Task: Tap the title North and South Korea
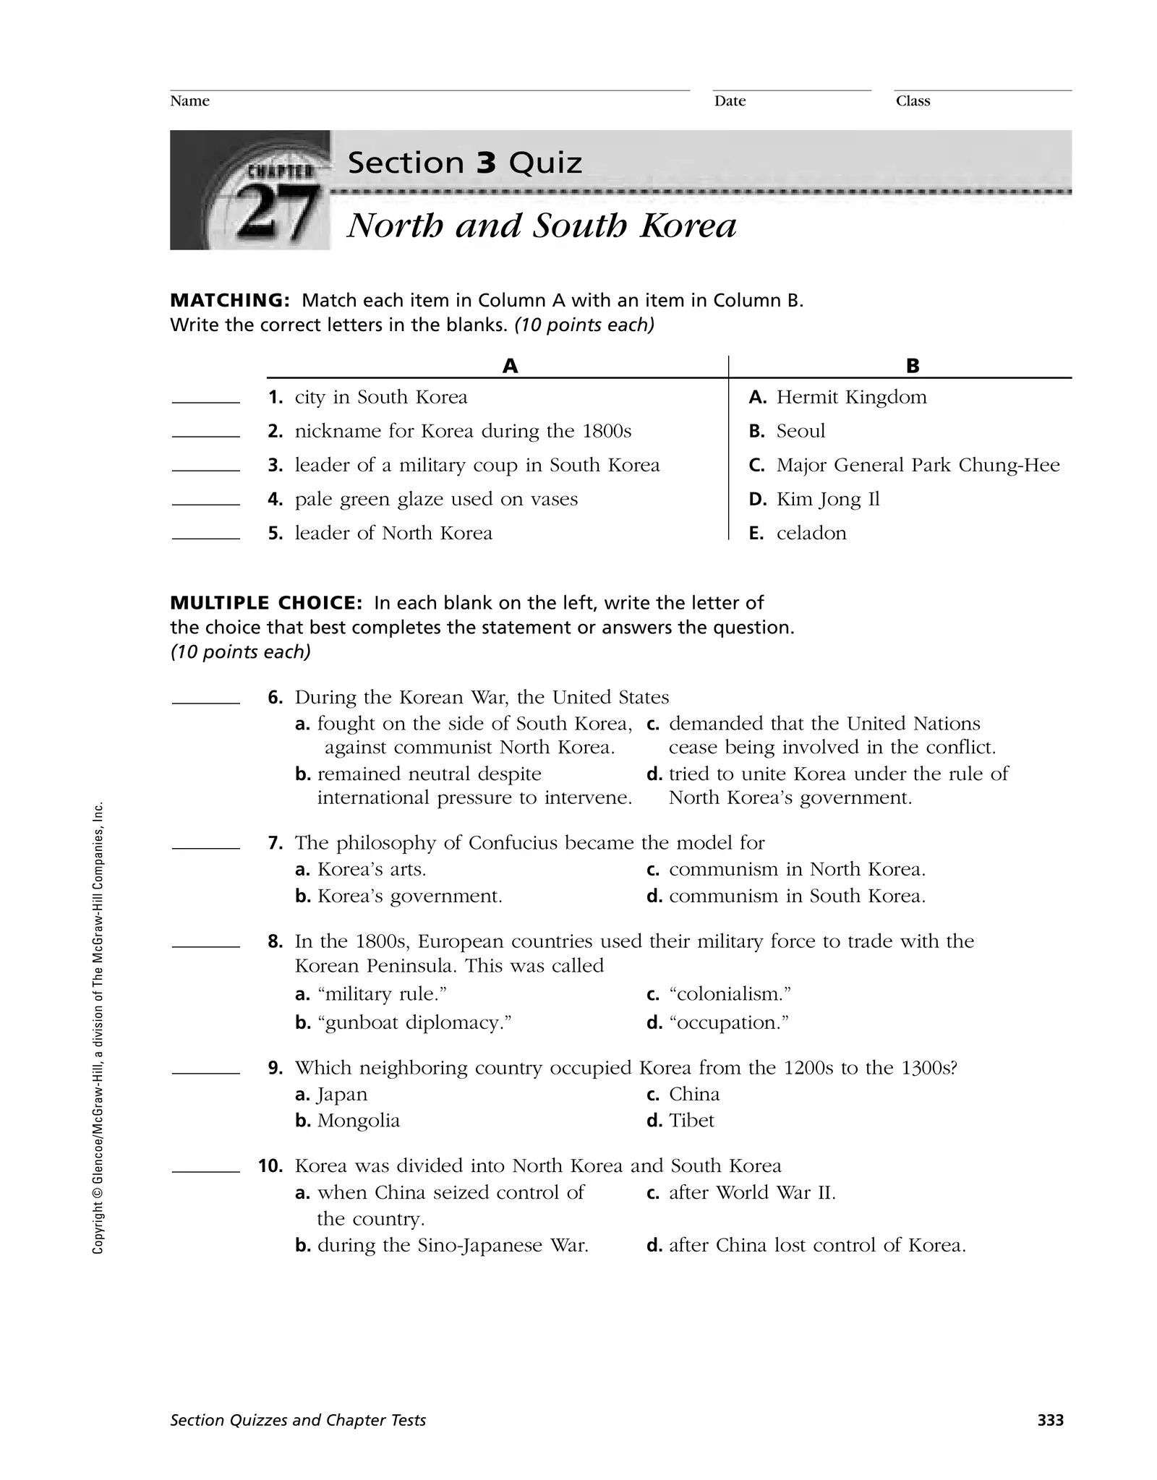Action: click(x=542, y=226)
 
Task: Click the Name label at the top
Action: click(x=189, y=101)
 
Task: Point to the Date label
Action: click(x=730, y=101)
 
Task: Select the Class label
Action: click(x=913, y=101)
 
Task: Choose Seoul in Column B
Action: click(x=800, y=431)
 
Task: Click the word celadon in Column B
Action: click(x=811, y=533)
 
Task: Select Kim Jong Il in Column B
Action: click(x=827, y=499)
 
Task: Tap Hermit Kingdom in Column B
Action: click(x=851, y=397)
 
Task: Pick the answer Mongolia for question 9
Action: click(x=358, y=1120)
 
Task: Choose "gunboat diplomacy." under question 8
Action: click(x=414, y=1022)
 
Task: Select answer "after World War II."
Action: click(x=752, y=1192)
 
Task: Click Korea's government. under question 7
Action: click(x=409, y=896)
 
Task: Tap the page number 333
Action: click(x=1050, y=1420)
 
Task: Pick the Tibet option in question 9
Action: click(x=691, y=1120)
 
